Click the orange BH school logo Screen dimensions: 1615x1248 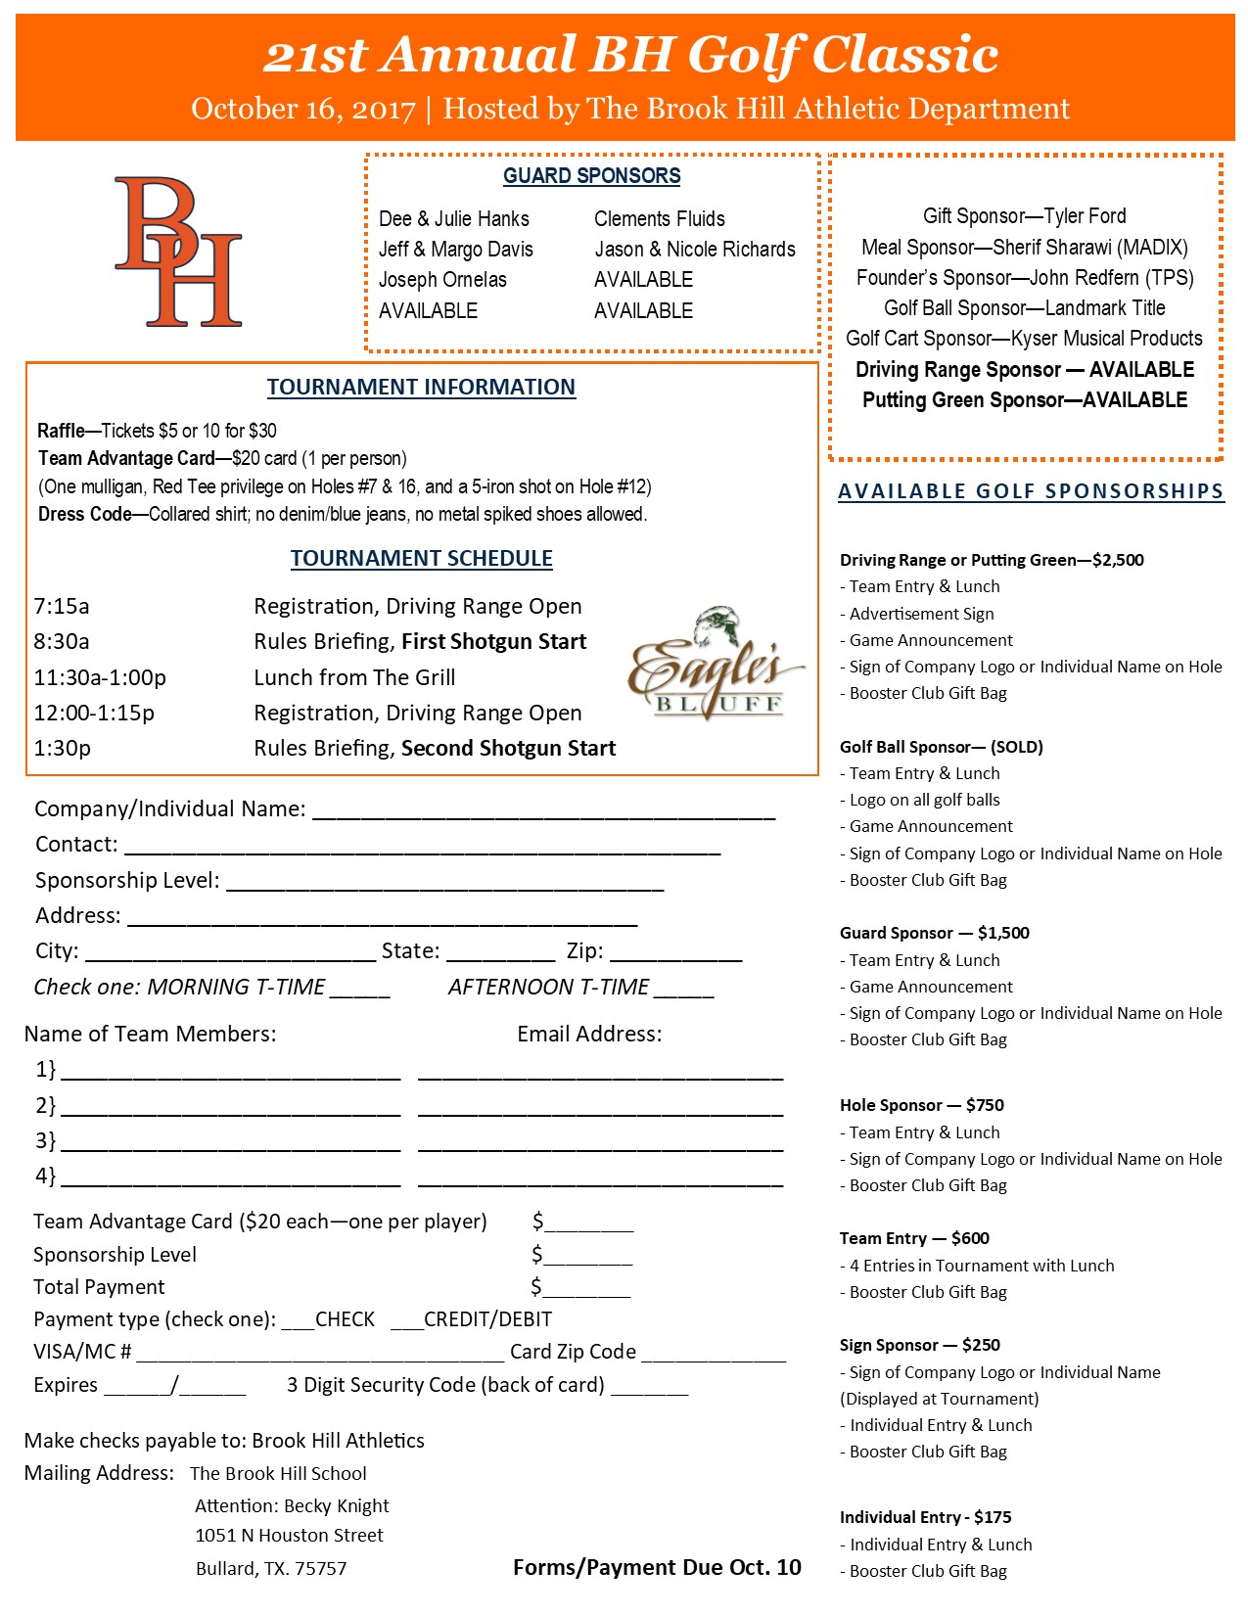tap(178, 252)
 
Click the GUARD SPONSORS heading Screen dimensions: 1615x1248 tap(591, 176)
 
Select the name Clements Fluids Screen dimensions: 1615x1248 tap(659, 219)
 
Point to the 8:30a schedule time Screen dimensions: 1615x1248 tap(62, 642)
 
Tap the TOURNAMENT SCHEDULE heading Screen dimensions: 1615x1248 tap(421, 559)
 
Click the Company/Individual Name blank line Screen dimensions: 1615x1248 tap(543, 812)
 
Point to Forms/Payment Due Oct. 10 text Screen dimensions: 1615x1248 tap(657, 1568)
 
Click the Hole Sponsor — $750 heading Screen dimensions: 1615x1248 tap(921, 1105)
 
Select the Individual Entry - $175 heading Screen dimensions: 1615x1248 tap(925, 1517)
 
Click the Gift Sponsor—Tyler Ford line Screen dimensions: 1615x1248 tap(1024, 216)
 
